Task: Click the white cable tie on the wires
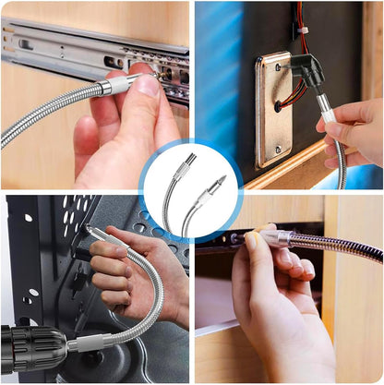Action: point(302,32)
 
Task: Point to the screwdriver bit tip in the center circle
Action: point(222,181)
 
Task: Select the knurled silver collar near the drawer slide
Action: point(110,88)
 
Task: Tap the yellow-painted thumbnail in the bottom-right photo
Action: point(252,242)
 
